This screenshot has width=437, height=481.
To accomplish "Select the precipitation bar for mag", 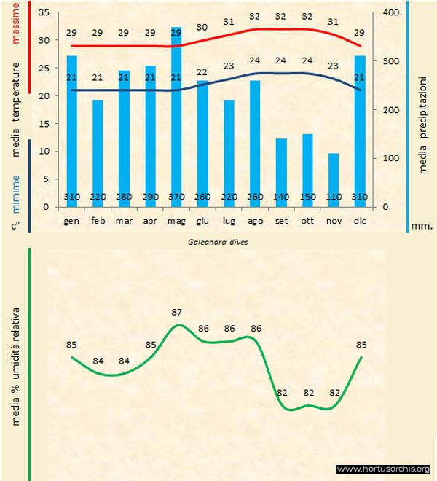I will [x=176, y=117].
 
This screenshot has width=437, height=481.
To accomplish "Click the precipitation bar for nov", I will [x=334, y=175].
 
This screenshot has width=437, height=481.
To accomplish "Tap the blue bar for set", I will [x=281, y=168].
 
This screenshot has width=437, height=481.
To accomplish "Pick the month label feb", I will [x=98, y=219].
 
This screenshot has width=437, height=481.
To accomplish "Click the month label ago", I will [x=255, y=219].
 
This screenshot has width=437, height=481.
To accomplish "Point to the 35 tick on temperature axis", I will [x=42, y=13].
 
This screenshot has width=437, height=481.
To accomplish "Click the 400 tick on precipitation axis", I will [x=390, y=13].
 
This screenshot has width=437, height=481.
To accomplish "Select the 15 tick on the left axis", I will [x=42, y=124].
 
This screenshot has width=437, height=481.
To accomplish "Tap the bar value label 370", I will [x=176, y=197].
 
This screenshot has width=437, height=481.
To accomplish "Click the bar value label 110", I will [x=334, y=197].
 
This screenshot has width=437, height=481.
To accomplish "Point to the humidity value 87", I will [x=177, y=312].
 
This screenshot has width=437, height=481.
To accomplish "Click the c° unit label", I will [x=15, y=226].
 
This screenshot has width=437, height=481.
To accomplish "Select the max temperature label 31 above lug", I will [x=229, y=21].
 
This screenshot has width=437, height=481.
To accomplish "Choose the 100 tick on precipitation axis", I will [x=390, y=158].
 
